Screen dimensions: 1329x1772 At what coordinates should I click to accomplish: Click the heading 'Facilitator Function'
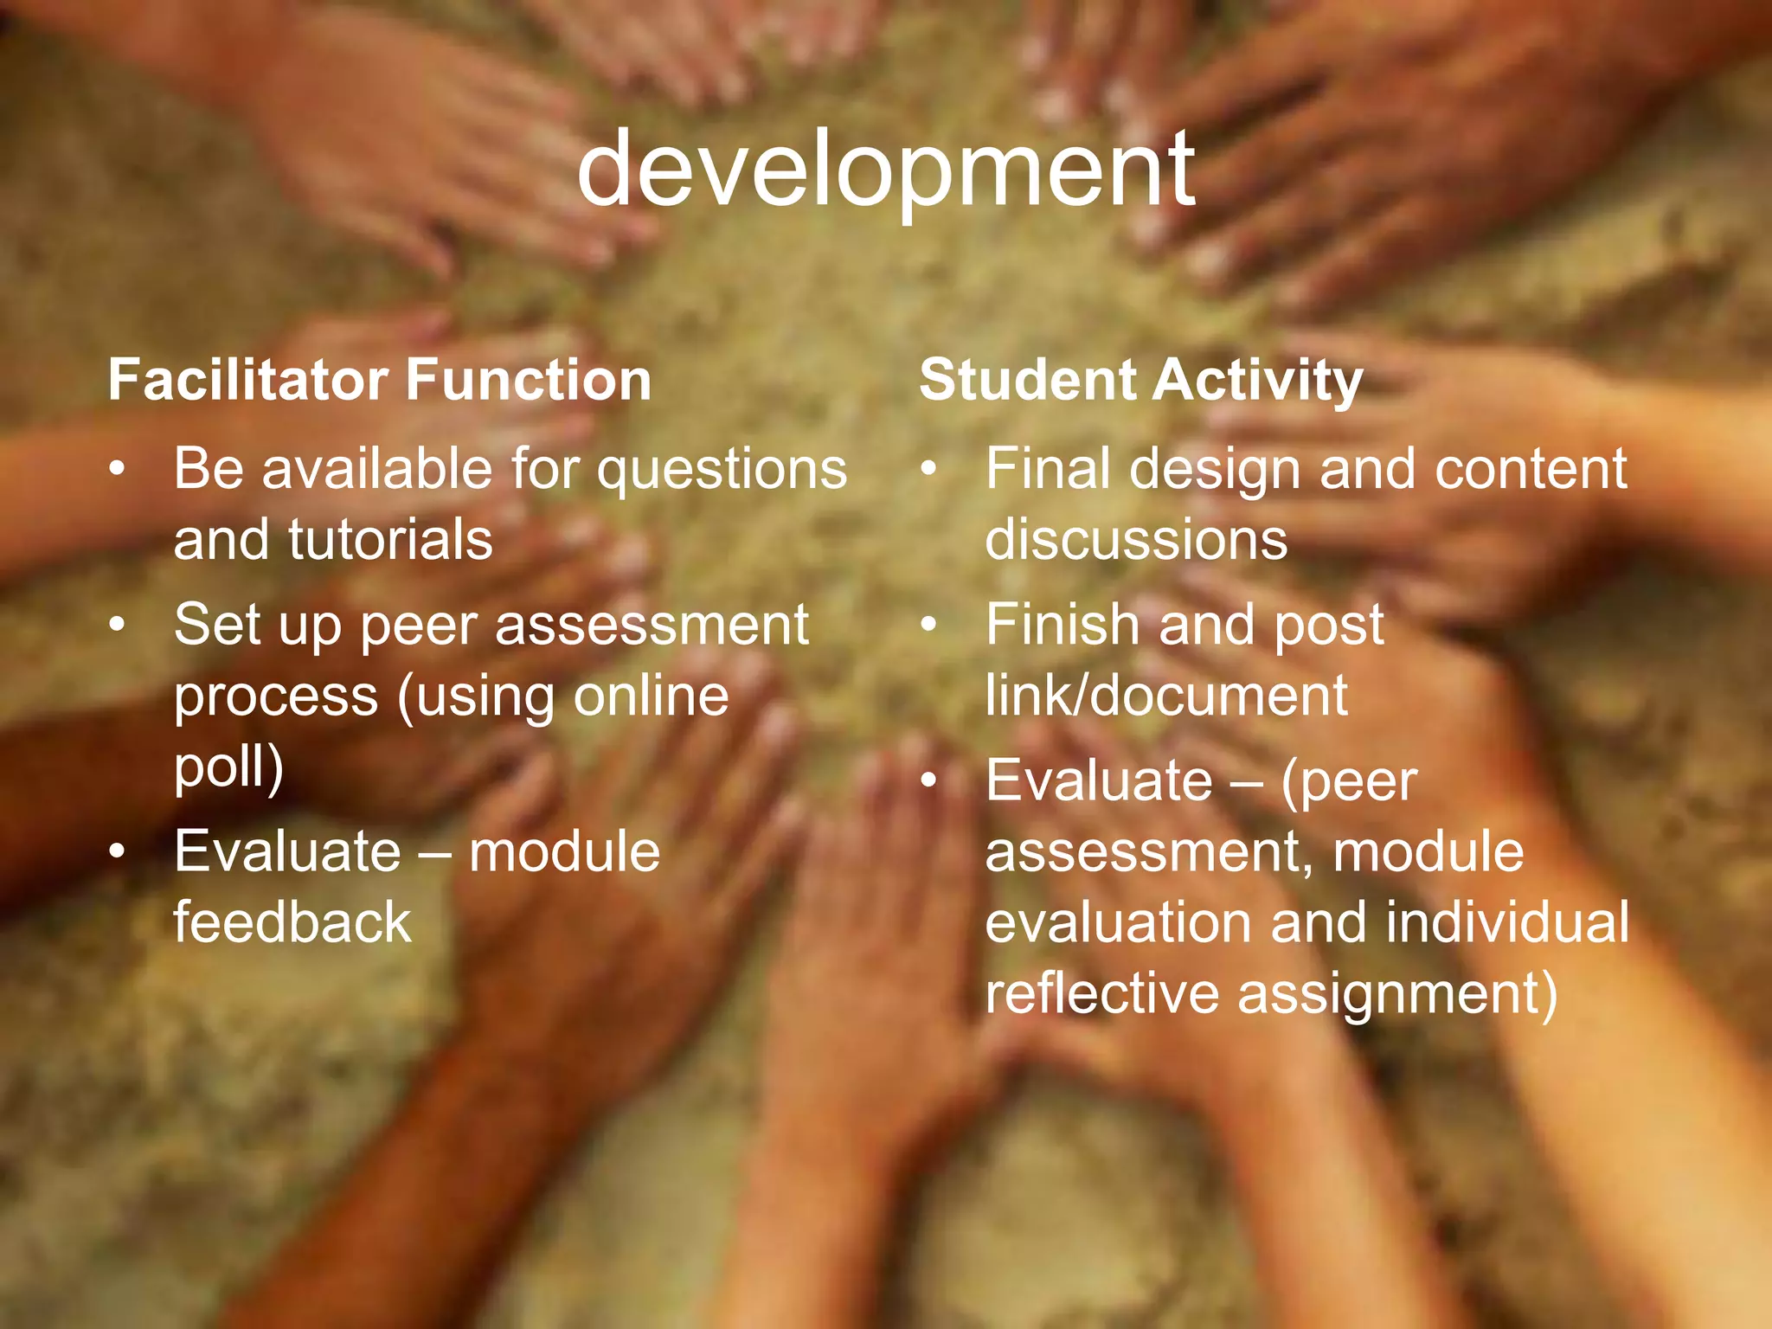pos(379,380)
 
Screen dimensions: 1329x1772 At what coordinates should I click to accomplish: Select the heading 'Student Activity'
pos(1140,380)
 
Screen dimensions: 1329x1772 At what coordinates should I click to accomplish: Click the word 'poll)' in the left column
pos(228,767)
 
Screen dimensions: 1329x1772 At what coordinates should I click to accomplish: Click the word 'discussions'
pos(1136,539)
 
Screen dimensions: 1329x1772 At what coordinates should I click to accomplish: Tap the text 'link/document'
pos(1165,695)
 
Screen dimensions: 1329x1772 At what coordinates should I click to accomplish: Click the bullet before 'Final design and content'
pos(928,470)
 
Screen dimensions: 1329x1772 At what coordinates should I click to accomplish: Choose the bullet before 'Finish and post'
pos(928,625)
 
